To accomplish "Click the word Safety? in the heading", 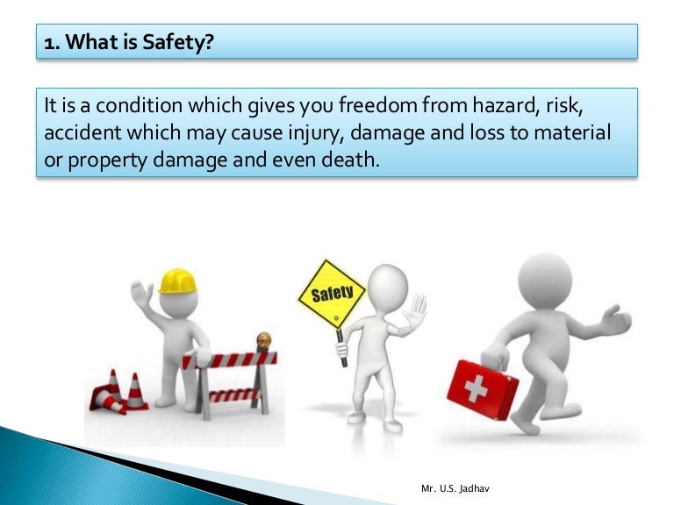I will [183, 42].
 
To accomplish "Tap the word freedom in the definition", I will [390, 106].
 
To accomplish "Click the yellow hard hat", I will [178, 281].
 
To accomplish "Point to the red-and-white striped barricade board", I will [229, 359].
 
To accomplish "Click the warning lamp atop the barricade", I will [262, 339].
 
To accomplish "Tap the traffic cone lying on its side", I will [108, 401].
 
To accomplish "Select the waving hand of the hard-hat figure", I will [141, 299].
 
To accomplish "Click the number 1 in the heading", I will [50, 42].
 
